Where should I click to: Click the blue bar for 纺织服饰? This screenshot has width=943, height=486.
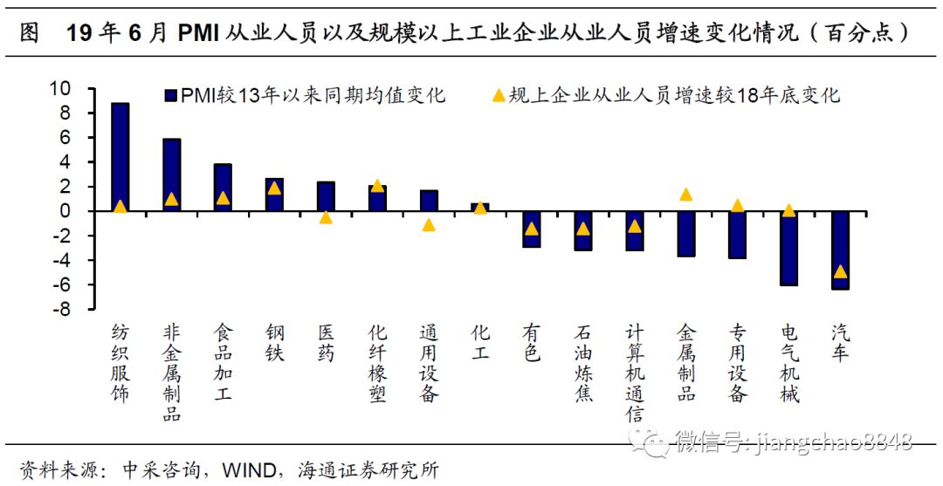click(120, 157)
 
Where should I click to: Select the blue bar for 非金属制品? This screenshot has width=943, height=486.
click(171, 175)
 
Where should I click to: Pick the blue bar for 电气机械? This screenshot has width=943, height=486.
click(788, 248)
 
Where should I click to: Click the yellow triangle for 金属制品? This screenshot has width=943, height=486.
click(686, 195)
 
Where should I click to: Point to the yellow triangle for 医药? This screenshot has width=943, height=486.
click(326, 217)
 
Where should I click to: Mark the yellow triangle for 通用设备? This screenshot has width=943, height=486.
click(429, 225)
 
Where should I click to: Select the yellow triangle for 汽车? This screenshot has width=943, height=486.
click(840, 271)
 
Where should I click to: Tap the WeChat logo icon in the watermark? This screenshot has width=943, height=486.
click(653, 441)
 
